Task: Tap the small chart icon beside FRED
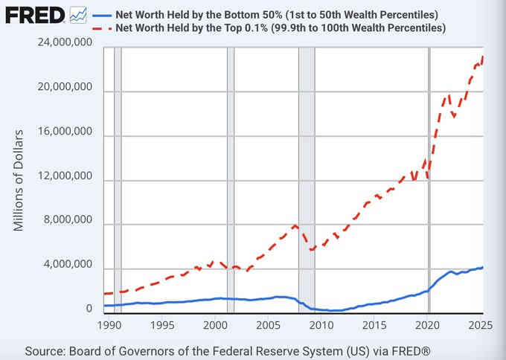(x=77, y=15)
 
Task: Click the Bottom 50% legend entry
(x=275, y=15)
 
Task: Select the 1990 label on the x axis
(x=109, y=325)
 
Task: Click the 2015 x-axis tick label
(x=374, y=325)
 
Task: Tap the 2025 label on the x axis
(x=480, y=325)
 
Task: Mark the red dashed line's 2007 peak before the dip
(x=295, y=225)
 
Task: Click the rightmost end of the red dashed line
(x=483, y=57)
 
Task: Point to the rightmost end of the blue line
(x=483, y=267)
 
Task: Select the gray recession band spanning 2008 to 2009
(x=306, y=179)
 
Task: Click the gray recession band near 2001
(x=230, y=179)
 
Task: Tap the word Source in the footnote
(x=45, y=350)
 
